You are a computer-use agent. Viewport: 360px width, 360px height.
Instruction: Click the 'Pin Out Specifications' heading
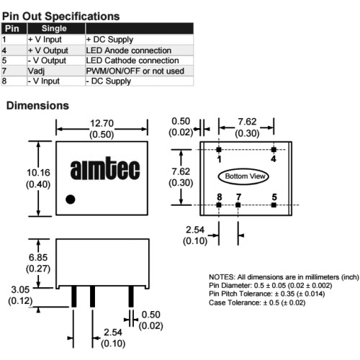pyautogui.click(x=60, y=17)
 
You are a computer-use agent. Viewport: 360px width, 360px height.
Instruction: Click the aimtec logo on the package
pyautogui.click(x=105, y=168)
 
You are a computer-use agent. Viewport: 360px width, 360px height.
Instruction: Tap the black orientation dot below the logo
pyautogui.click(x=71, y=199)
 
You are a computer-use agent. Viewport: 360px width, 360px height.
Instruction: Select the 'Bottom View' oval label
pyautogui.click(x=243, y=176)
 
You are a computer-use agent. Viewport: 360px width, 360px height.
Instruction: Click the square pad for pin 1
pyautogui.click(x=219, y=150)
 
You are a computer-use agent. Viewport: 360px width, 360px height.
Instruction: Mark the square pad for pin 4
pyautogui.click(x=274, y=150)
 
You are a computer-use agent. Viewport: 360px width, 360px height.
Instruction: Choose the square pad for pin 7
pyautogui.click(x=238, y=205)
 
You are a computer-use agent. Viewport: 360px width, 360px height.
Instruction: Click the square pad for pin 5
pyautogui.click(x=274, y=205)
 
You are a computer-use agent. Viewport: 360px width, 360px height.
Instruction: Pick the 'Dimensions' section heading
pyautogui.click(x=37, y=106)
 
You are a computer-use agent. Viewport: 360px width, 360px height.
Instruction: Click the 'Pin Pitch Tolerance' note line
pyautogui.click(x=266, y=294)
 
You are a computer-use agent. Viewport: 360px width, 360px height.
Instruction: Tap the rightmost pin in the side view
pyautogui.click(x=131, y=297)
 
